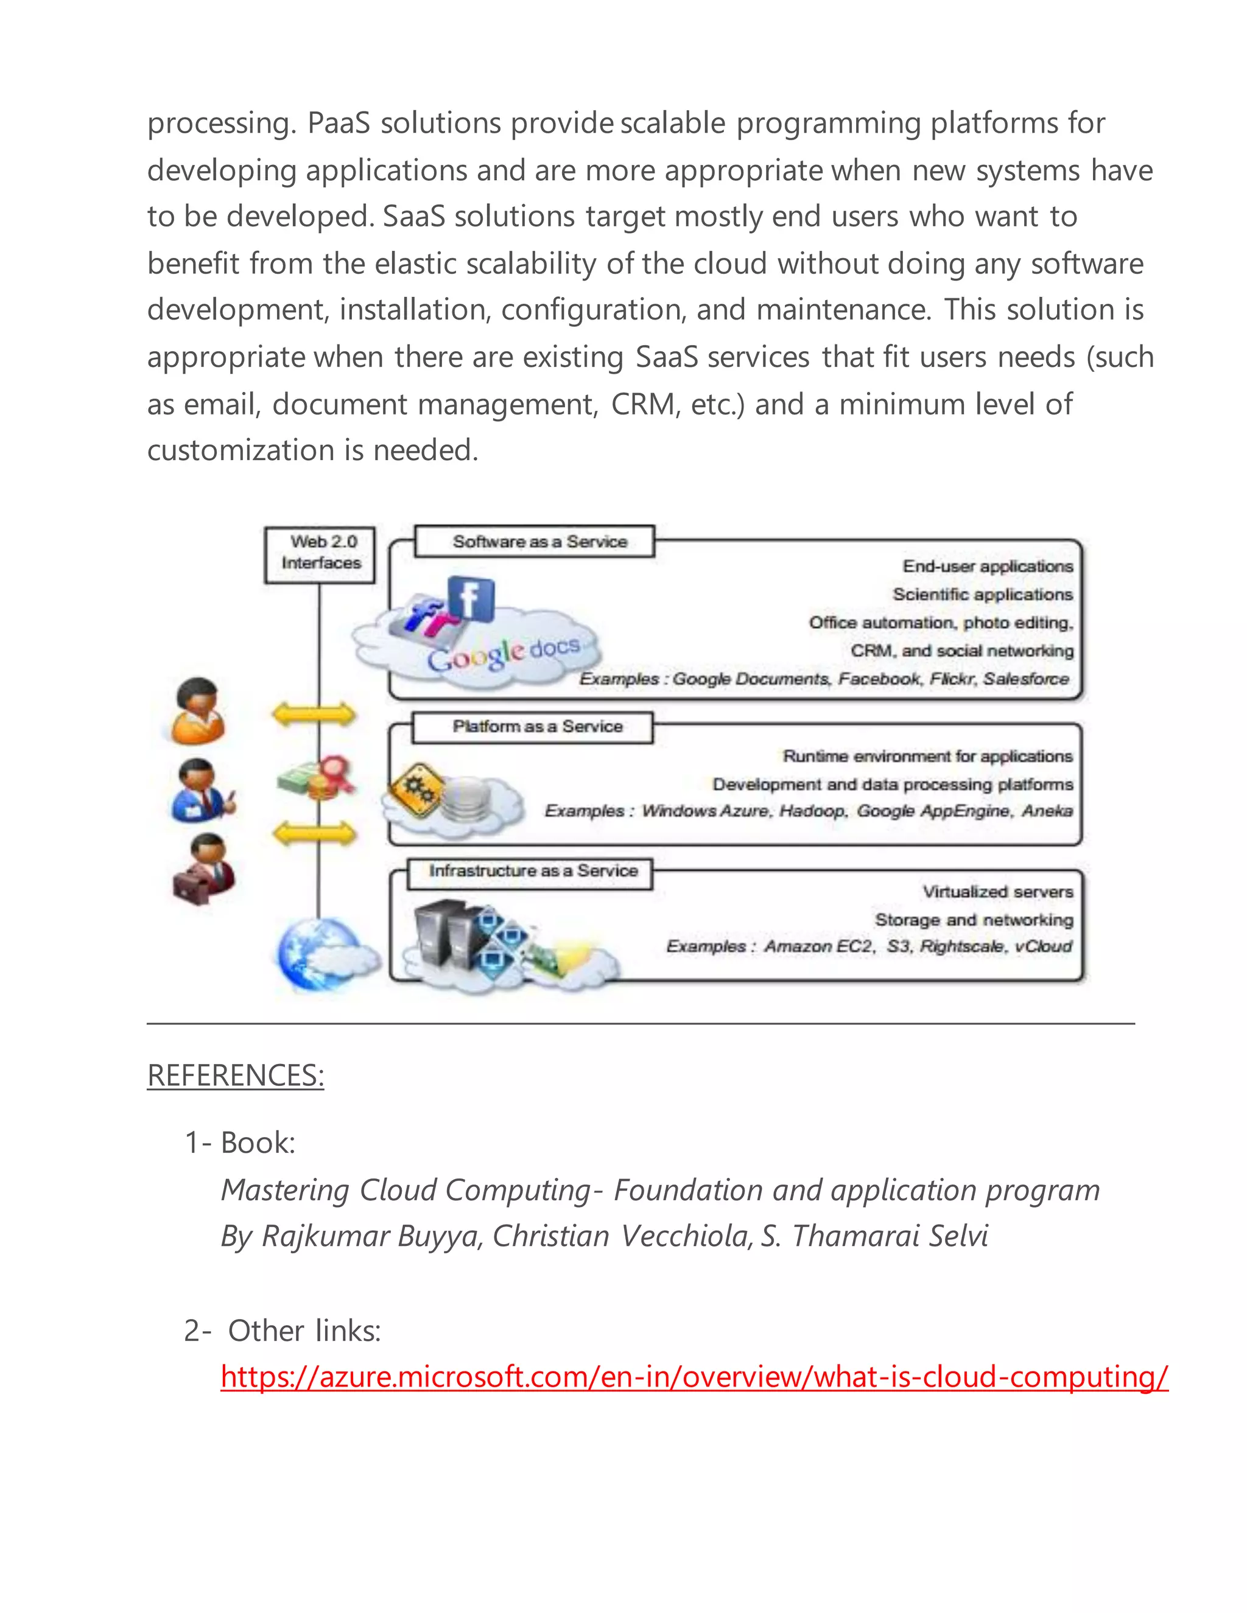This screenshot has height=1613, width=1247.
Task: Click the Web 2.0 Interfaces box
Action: (320, 555)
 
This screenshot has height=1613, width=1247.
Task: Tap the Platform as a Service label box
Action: (533, 727)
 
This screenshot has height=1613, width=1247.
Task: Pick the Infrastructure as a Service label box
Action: (530, 872)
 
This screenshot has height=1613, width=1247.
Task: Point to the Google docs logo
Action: (502, 654)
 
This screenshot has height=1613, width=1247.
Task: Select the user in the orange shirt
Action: (197, 710)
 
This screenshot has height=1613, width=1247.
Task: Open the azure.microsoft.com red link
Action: (694, 1377)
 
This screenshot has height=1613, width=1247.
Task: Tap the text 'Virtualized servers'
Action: (997, 892)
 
